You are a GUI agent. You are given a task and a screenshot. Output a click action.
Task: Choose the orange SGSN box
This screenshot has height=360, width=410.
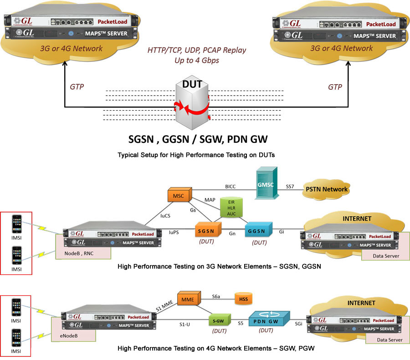[207, 230]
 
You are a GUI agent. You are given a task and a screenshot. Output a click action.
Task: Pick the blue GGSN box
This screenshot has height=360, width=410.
[258, 230]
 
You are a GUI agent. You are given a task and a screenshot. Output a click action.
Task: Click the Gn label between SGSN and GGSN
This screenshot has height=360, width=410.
[232, 233]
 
